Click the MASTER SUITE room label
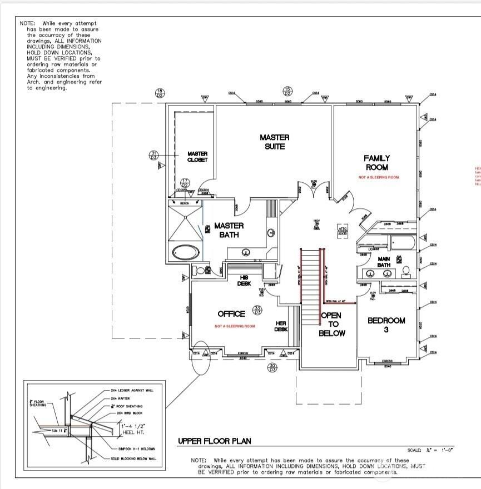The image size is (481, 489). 275,142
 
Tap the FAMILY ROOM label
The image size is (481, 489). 376,163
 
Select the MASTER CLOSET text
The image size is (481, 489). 197,157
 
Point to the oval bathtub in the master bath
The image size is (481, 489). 186,252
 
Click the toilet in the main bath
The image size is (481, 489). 406,271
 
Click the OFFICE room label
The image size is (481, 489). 231,314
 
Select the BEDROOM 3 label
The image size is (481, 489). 386,325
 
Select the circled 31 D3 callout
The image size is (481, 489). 154,155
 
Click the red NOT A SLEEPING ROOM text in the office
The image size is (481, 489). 235,326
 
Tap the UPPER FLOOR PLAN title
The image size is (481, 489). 214,441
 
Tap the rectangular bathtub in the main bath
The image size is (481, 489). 400,243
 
